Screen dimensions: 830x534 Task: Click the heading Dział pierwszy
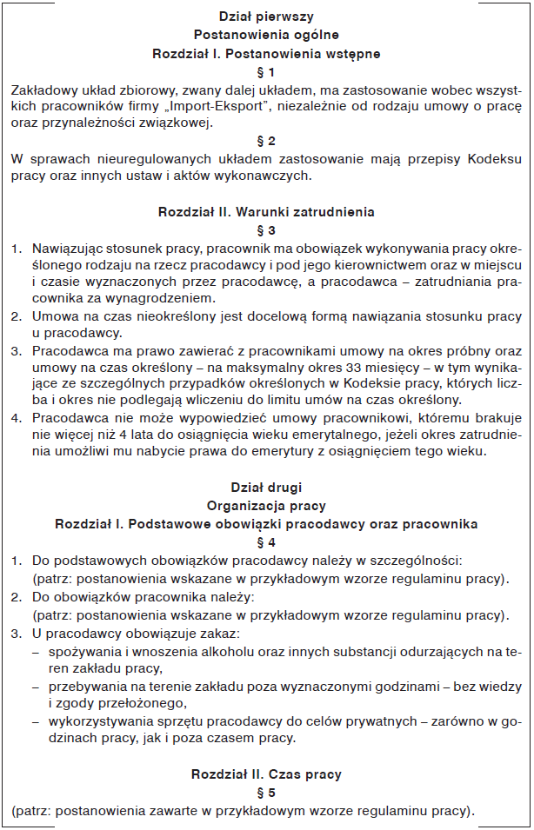coord(266,16)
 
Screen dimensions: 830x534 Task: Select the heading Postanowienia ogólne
coord(266,35)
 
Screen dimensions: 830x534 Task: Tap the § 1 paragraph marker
coord(266,71)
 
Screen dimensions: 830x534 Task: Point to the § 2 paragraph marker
coord(266,140)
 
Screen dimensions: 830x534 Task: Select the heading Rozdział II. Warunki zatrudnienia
coord(266,211)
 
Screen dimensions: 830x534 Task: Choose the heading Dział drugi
coord(266,488)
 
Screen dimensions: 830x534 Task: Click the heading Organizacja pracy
coord(266,505)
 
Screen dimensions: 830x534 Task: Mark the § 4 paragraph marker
coord(266,541)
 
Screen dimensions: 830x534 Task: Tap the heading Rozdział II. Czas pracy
coord(266,774)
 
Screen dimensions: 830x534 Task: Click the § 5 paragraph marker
coord(266,793)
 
